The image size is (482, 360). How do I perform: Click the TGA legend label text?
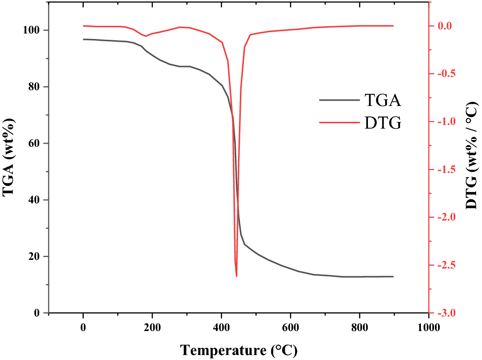coord(382,100)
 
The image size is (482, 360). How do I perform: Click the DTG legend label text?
coord(382,122)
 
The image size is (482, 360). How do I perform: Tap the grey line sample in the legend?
coord(337,100)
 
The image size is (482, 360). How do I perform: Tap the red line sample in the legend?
coord(337,122)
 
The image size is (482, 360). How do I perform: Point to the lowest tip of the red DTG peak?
coord(236,276)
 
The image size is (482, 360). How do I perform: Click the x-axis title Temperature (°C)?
coord(239,350)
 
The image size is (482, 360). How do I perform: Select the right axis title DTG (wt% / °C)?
coord(472,156)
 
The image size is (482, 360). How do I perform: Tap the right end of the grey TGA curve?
coord(393,276)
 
